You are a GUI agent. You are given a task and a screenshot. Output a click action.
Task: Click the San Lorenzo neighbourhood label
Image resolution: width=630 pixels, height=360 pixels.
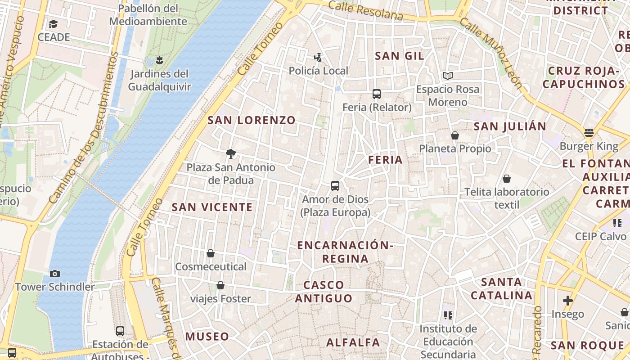tap(252, 120)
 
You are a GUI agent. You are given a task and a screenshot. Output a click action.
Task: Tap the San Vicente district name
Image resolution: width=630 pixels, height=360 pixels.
tap(212, 207)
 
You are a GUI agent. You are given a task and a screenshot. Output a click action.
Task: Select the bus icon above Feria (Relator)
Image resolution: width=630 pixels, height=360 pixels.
tap(377, 94)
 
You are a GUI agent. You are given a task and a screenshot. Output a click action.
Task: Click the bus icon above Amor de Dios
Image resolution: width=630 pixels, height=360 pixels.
tap(335, 186)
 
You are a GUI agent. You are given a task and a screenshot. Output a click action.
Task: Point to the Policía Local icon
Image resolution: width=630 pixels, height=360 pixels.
tap(318, 57)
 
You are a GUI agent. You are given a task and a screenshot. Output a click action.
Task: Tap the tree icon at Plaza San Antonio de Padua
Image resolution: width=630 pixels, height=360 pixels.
tap(231, 154)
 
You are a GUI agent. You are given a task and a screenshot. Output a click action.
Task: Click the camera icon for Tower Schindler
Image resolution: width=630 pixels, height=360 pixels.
tap(55, 274)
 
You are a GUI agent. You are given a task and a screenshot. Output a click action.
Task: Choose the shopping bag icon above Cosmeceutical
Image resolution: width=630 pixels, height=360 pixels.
tap(211, 253)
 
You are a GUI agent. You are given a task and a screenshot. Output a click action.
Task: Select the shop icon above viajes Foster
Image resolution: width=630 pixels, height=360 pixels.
tap(220, 285)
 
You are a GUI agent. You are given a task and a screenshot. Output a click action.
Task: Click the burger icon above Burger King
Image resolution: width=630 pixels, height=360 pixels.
tap(589, 133)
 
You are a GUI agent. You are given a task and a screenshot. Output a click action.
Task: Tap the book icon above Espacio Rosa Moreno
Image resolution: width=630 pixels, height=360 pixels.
tap(447, 76)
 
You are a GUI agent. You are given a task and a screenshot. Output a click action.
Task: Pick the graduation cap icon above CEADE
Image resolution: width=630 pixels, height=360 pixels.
tap(54, 24)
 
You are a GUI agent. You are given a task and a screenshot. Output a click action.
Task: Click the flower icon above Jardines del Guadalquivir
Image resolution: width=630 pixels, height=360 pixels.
tap(158, 60)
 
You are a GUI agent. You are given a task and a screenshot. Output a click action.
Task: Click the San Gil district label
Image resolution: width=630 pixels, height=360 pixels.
tap(400, 56)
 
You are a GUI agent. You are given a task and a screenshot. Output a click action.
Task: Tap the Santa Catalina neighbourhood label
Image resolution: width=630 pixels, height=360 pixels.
tap(502, 289)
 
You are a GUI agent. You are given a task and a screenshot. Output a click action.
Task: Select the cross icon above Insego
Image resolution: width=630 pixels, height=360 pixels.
tap(568, 300)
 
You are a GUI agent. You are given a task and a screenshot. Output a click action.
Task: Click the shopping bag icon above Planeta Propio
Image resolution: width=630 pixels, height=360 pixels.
tap(455, 135)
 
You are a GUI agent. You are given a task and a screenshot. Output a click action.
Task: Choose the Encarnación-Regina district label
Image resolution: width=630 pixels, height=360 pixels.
tap(345, 252)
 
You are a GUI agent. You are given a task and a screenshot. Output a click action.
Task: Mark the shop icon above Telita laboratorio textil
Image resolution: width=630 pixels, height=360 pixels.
tap(507, 179)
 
